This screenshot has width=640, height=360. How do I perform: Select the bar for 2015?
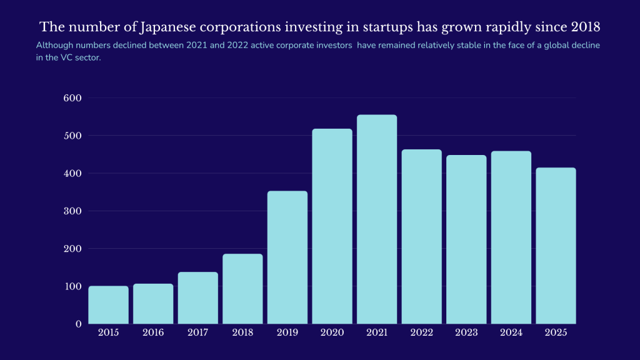(108, 305)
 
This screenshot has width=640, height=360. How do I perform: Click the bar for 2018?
(242, 289)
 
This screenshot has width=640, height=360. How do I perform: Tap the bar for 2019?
(287, 257)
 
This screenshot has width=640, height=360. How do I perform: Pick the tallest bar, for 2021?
(377, 219)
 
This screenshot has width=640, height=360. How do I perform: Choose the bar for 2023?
(466, 239)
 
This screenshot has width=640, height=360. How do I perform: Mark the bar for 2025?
(556, 246)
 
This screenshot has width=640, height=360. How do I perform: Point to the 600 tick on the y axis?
(72, 98)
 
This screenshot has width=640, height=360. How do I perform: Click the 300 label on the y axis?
(72, 211)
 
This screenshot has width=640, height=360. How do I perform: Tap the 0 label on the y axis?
(79, 324)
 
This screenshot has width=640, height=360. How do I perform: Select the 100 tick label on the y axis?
(72, 286)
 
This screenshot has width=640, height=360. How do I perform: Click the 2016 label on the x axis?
(153, 333)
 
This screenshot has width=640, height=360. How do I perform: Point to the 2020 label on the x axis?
(332, 333)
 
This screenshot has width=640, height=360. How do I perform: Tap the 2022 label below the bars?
(421, 333)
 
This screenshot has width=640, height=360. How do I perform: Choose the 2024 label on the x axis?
(511, 333)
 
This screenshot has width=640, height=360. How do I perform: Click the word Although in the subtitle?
(54, 46)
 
